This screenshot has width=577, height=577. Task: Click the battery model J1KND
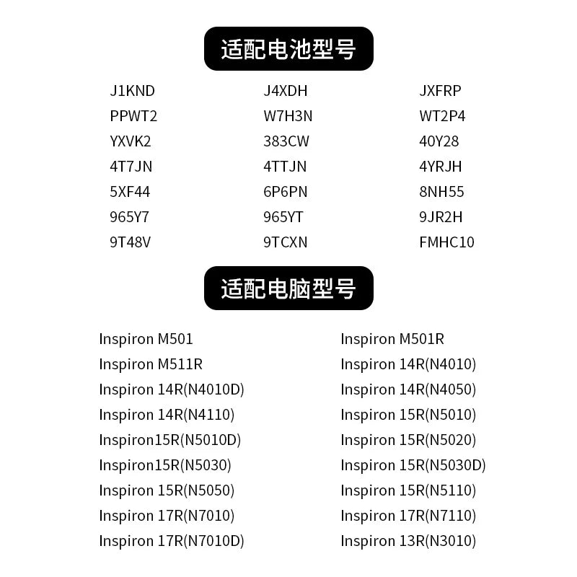tap(132, 91)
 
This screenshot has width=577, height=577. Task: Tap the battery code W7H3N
tap(288, 116)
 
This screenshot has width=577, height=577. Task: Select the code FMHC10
tap(446, 242)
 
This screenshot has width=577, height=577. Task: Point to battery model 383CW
tap(286, 141)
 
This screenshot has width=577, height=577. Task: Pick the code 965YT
tap(283, 217)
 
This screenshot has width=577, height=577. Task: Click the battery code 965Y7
tap(129, 217)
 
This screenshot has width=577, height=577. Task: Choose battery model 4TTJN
tap(285, 167)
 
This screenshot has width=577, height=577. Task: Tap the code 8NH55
tap(441, 192)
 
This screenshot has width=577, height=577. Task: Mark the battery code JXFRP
tap(440, 91)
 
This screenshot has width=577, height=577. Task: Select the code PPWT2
tap(133, 116)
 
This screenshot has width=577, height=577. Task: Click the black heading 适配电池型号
tap(288, 48)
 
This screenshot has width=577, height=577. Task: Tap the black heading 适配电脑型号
tap(288, 288)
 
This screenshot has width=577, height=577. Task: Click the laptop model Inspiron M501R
tap(392, 339)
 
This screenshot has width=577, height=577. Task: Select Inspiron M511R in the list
tap(151, 365)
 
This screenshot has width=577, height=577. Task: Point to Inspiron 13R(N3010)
tap(408, 542)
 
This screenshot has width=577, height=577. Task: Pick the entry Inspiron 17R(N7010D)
tap(172, 542)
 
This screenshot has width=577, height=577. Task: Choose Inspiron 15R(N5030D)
tap(413, 465)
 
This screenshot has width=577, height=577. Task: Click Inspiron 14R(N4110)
tap(167, 415)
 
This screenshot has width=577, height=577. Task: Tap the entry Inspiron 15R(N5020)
tap(408, 441)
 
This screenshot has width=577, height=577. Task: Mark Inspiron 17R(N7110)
tap(408, 516)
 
